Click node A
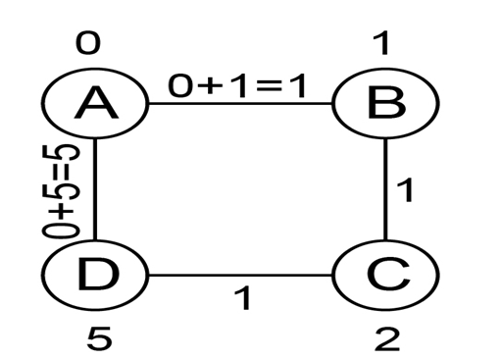pos(95,103)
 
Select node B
pos(385,103)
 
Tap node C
pos(385,275)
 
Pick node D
pos(95,275)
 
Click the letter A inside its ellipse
pos(96,103)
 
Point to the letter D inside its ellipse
pos(98,274)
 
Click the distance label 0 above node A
pos(88,43)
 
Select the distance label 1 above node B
pos(381,43)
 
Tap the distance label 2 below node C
pos(387,339)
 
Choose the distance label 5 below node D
pos(99,339)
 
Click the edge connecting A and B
pos(240,103)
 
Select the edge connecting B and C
pos(385,189)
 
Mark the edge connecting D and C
pos(240,275)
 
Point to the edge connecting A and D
pos(95,189)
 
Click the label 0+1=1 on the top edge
pos(237,86)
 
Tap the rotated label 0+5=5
pos(61,191)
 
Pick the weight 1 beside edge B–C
pos(405,190)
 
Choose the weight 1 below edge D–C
pos(242,297)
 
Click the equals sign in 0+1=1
pos(269,86)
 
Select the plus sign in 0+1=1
pos(209,86)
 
